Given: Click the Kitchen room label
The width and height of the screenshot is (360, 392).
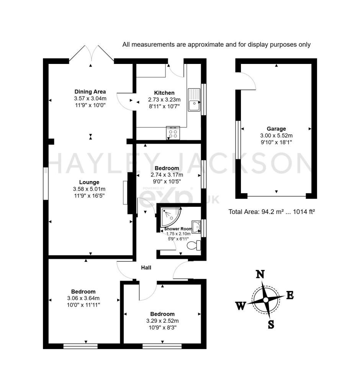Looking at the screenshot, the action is [164, 93].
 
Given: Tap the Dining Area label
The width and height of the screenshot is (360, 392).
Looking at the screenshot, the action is [90, 91].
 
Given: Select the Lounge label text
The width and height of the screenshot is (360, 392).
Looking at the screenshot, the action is [89, 182].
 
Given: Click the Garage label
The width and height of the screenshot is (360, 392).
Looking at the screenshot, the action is [276, 129].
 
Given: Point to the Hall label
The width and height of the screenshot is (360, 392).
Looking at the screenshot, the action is [146, 268].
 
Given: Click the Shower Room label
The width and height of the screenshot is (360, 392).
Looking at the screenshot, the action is [178, 229].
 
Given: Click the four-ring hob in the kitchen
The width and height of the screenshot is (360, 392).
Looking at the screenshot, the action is [173, 133].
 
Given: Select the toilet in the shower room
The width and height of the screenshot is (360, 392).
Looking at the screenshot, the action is [194, 245].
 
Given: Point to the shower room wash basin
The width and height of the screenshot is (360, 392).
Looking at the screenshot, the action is [196, 227].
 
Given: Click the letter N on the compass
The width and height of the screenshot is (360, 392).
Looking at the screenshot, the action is [260, 274].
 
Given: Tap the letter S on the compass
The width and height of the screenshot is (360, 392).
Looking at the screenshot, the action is [271, 325].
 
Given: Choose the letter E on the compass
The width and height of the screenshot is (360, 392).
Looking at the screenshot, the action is [290, 295].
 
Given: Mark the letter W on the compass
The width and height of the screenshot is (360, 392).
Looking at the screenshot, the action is [241, 305].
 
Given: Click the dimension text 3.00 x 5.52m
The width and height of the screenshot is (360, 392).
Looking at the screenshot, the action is [276, 136].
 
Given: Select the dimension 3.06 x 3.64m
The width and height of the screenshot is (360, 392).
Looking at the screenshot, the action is [83, 298].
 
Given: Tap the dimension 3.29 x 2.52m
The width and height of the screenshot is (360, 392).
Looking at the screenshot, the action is [162, 321].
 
